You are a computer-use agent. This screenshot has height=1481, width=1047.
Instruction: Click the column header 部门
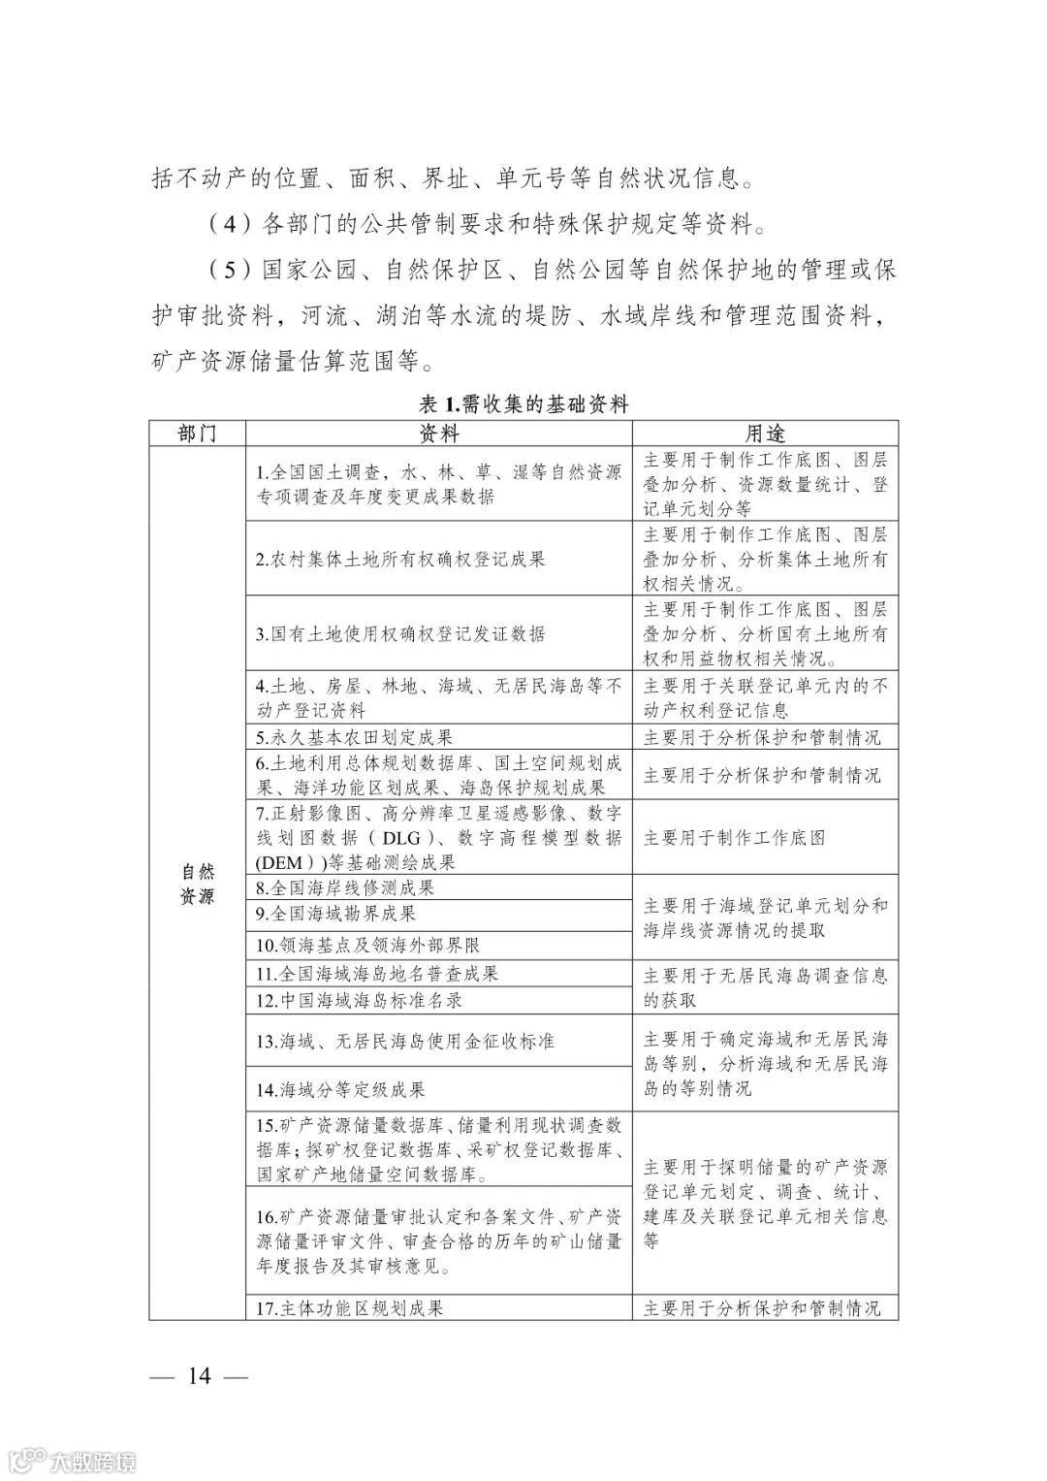197,434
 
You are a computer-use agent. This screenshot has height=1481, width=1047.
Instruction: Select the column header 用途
765,434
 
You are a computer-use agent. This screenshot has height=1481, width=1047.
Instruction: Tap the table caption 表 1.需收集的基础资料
523,404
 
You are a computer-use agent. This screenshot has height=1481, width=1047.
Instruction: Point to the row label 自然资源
197,884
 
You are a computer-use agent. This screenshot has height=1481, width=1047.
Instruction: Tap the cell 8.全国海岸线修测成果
345,887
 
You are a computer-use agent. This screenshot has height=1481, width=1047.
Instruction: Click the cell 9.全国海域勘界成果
336,914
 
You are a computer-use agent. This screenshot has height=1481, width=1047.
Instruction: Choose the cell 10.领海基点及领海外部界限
368,945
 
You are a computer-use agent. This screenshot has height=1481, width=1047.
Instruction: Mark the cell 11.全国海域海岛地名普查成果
377,974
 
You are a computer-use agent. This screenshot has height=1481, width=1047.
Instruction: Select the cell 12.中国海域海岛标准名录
359,1000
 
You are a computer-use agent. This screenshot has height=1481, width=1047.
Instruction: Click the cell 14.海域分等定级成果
340,1090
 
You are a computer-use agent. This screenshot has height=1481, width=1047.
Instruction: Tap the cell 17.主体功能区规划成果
350,1307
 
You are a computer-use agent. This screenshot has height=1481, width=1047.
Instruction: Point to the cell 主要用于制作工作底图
734,837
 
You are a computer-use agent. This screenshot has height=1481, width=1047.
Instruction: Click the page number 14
200,1376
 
